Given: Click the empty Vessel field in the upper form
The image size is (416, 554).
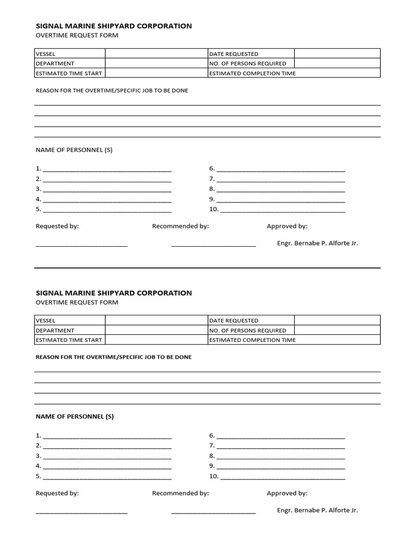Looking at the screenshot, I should click(157, 54).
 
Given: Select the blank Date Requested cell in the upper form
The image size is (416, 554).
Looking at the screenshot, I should click(337, 54).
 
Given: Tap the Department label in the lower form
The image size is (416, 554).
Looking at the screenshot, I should click(55, 330).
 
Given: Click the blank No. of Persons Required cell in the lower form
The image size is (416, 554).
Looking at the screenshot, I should click(337, 330).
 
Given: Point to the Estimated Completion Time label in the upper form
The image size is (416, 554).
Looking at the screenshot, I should click(252, 73).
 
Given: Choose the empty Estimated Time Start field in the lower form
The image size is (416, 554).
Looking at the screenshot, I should click(157, 340).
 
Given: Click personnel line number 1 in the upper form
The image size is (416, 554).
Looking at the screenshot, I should click(107, 169).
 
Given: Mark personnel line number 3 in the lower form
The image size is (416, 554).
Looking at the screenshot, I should click(107, 456).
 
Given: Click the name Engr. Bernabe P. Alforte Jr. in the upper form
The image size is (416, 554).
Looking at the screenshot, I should click(317, 243).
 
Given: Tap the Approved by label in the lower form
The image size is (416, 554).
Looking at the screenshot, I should click(287, 493).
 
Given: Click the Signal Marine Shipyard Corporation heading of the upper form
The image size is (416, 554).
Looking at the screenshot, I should click(114, 25).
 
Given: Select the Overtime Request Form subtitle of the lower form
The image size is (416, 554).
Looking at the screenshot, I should click(77, 302).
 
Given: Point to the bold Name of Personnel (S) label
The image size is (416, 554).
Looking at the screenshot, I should click(75, 417).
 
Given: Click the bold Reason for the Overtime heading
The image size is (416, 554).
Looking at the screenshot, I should click(113, 357).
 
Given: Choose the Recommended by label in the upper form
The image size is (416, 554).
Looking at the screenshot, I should click(180, 226).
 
